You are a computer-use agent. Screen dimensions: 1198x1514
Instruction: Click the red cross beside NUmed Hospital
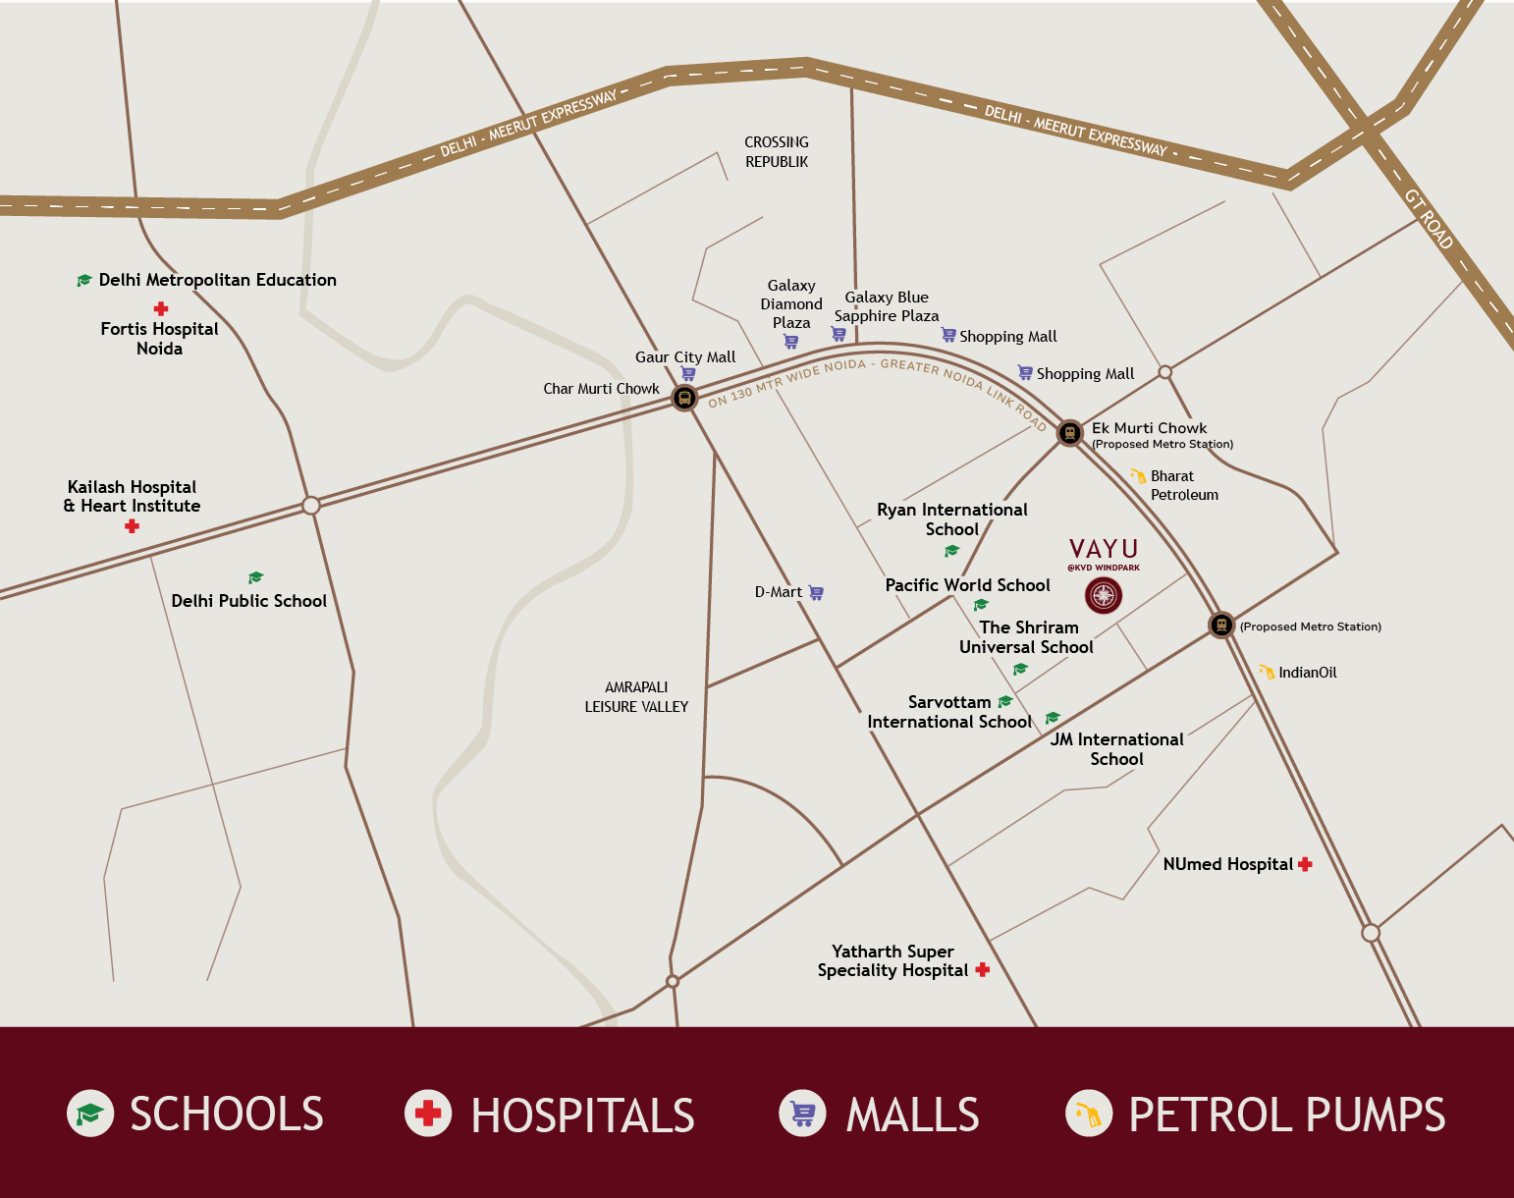[1305, 864]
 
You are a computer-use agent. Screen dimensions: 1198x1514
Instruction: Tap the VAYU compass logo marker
[1104, 595]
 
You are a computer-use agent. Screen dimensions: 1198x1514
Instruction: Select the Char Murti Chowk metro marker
[684, 398]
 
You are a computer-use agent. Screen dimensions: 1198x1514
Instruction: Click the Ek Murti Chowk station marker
[1069, 432]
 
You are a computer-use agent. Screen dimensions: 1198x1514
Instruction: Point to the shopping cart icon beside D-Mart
[816, 592]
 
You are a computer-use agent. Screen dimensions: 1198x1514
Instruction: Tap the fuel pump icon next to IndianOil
[1267, 672]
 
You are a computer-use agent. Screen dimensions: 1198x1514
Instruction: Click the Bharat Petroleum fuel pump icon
[1138, 476]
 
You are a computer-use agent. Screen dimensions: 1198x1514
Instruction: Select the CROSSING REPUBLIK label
[776, 152]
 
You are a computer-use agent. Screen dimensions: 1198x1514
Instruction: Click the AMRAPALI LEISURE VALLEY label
[636, 697]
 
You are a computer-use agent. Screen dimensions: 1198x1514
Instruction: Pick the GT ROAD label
[1429, 218]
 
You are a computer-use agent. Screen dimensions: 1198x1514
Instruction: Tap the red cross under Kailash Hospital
[132, 526]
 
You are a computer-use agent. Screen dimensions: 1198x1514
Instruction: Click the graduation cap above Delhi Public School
[256, 577]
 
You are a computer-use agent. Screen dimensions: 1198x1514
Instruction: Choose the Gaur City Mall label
[684, 357]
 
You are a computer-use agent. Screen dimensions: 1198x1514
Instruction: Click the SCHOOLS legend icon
[90, 1114]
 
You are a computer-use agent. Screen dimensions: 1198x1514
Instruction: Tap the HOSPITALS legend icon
[428, 1114]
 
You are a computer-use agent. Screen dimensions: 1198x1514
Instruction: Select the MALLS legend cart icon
[802, 1114]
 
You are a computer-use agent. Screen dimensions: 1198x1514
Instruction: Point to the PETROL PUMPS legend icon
[1089, 1114]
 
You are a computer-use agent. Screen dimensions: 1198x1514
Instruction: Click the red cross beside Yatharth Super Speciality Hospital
[982, 969]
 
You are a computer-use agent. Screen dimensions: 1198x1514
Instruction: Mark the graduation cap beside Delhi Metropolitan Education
[84, 281]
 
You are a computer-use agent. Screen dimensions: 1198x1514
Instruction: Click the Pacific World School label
[967, 585]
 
